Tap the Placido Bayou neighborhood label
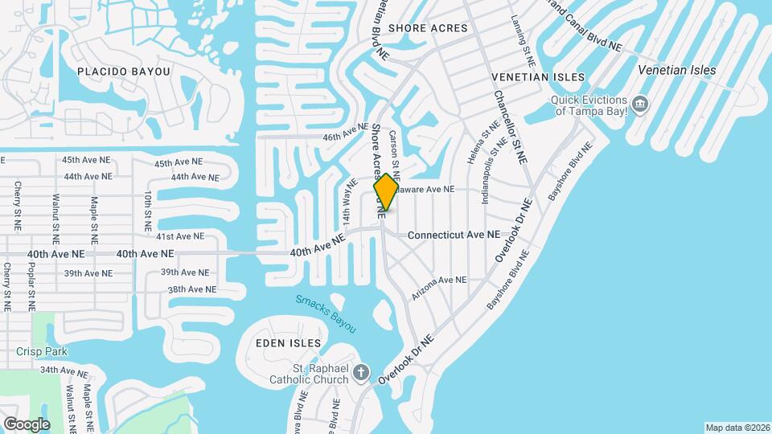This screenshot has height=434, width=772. pyautogui.click(x=124, y=72)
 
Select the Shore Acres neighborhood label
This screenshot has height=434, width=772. pyautogui.click(x=427, y=28)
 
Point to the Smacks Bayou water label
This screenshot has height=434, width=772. pyautogui.click(x=325, y=313)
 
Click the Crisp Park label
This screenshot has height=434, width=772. pyautogui.click(x=42, y=351)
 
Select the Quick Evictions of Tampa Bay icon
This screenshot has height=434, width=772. pyautogui.click(x=640, y=104)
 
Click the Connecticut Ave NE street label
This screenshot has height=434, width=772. pyautogui.click(x=454, y=235)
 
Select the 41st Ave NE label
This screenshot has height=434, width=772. pyautogui.click(x=180, y=236)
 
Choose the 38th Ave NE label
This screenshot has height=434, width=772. pyautogui.click(x=191, y=289)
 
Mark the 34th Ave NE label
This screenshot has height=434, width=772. pyautogui.click(x=64, y=371)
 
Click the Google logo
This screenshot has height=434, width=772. pyautogui.click(x=26, y=424)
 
